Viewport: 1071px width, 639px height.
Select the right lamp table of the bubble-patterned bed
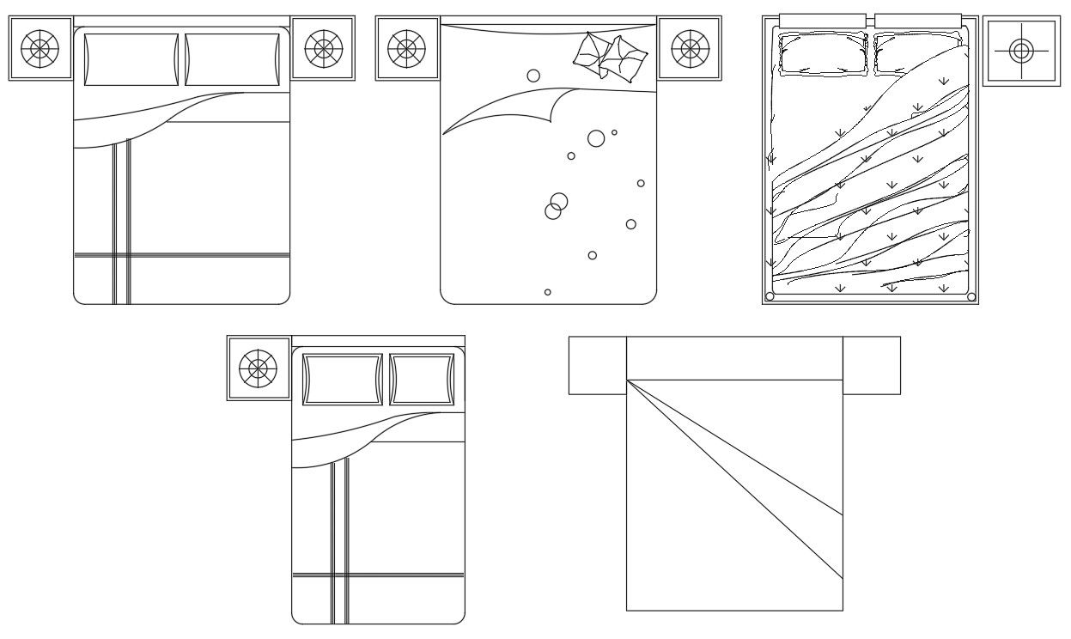pyautogui.click(x=690, y=49)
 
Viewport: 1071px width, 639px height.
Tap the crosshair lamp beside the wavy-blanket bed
pyautogui.click(x=1020, y=51)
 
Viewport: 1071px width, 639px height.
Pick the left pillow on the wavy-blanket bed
pyautogui.click(x=822, y=54)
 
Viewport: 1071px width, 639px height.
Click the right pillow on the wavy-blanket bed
pyautogui.click(x=917, y=53)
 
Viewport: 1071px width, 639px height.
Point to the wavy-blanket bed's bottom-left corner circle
pyautogui.click(x=770, y=296)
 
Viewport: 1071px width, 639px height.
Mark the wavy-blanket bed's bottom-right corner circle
pyautogui.click(x=971, y=296)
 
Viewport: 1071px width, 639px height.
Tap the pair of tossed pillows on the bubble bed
pyautogui.click(x=610, y=57)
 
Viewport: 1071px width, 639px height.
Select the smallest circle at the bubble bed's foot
pyautogui.click(x=548, y=292)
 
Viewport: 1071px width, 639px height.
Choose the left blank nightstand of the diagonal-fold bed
pyautogui.click(x=598, y=365)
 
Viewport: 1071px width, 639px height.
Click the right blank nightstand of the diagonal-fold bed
pyautogui.click(x=871, y=365)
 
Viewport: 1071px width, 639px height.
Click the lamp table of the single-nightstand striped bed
pyautogui.click(x=258, y=368)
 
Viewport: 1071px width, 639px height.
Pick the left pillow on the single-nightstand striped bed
pyautogui.click(x=342, y=379)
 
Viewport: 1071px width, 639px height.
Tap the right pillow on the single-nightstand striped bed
pyautogui.click(x=422, y=379)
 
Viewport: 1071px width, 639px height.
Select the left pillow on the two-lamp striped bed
pyautogui.click(x=131, y=59)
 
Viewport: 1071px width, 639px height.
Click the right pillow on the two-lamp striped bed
pyautogui.click(x=233, y=59)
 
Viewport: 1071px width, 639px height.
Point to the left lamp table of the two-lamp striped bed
pyautogui.click(x=40, y=48)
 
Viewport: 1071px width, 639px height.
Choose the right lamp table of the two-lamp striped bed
pyautogui.click(x=323, y=48)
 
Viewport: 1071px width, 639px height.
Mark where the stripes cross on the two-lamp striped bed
pyautogui.click(x=121, y=254)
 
